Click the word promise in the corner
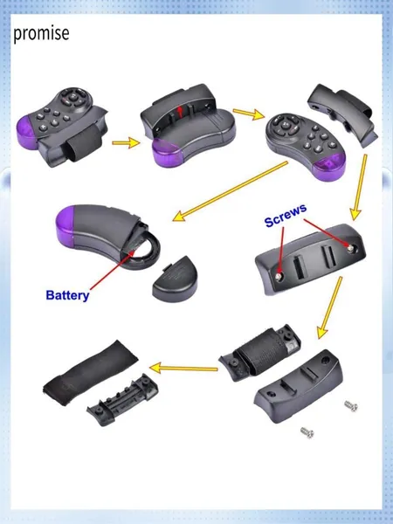pos(41,33)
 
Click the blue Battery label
pos(67,295)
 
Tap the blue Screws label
pos(285,216)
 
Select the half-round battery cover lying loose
pos(175,279)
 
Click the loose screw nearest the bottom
pos(307,432)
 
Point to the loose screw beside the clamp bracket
pos(351,406)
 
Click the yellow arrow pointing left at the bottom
pos(183,369)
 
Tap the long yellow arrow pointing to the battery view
pos(231,191)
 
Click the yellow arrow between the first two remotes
pos(126,143)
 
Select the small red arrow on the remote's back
pos(181,111)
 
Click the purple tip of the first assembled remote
pos(27,133)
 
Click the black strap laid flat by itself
pos(91,372)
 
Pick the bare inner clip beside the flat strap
pos(122,400)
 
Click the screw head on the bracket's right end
pos(350,248)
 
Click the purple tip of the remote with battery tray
pos(65,225)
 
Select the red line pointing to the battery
pos(113,270)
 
